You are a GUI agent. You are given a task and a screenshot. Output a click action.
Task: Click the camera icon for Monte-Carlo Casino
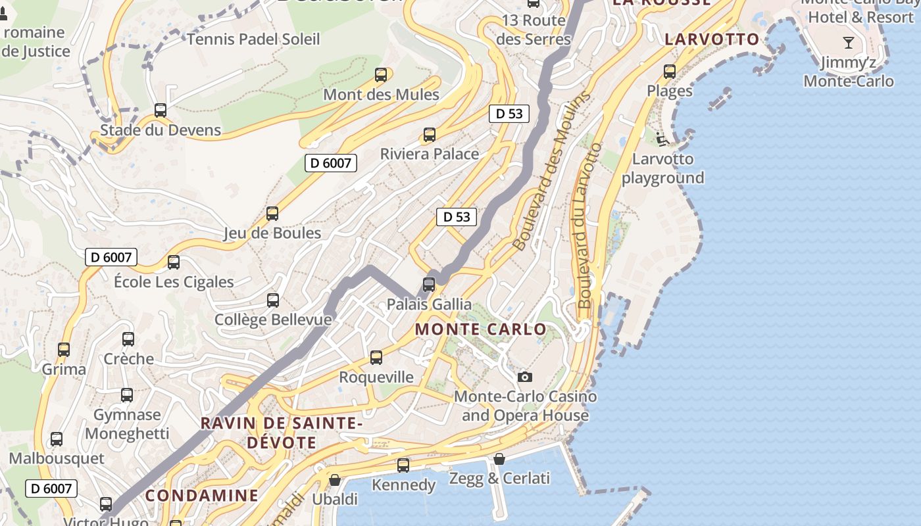(x=524, y=377)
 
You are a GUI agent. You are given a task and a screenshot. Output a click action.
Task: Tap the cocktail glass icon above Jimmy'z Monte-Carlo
(x=849, y=43)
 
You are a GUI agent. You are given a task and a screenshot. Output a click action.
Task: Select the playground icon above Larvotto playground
(x=662, y=139)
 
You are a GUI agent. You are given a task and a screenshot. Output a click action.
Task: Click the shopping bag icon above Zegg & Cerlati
(x=499, y=458)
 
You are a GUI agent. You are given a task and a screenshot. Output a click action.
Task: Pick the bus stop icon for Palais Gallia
(x=429, y=285)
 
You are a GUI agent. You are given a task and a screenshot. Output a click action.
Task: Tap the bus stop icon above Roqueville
(x=376, y=358)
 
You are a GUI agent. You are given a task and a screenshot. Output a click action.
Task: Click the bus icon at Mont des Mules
(x=381, y=75)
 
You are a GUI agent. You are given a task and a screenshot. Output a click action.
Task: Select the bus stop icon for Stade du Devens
(x=161, y=110)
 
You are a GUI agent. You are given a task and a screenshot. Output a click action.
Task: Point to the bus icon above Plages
(x=670, y=72)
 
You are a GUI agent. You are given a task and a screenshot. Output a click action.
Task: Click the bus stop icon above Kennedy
(x=403, y=466)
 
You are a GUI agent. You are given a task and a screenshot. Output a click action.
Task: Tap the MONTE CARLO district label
(x=481, y=329)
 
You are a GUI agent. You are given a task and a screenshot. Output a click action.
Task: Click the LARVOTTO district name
(x=712, y=39)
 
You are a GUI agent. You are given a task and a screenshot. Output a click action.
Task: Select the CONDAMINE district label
(x=202, y=495)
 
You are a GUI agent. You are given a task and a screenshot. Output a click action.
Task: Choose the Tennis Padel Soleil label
(x=253, y=39)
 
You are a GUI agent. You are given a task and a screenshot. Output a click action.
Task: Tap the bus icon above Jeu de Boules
(x=272, y=214)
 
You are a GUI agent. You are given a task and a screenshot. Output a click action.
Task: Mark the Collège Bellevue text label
(x=273, y=320)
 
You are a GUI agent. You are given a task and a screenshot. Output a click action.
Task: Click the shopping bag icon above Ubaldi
(x=335, y=480)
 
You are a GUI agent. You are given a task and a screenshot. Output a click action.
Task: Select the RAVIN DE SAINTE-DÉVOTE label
(x=282, y=432)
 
